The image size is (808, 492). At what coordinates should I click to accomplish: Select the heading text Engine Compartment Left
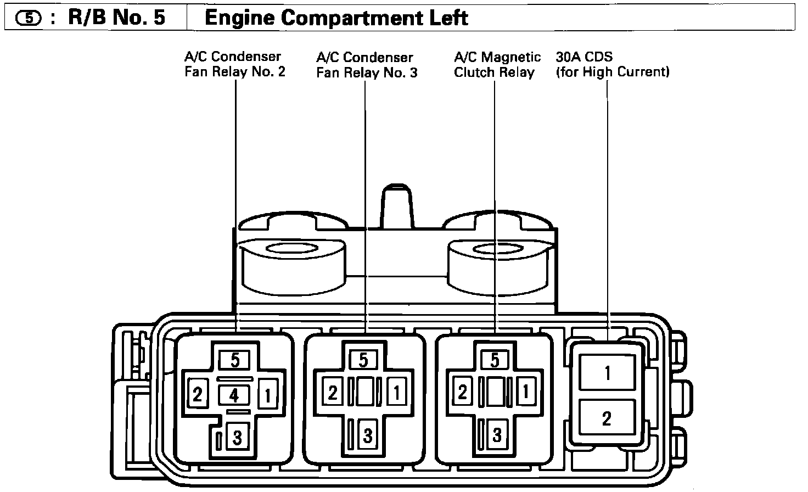(336, 18)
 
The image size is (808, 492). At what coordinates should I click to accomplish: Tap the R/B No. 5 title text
(116, 18)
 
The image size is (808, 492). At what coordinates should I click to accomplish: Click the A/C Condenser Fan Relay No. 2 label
(234, 64)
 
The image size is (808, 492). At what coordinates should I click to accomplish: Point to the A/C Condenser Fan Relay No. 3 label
(366, 65)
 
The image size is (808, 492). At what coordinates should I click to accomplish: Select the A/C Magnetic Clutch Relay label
(497, 65)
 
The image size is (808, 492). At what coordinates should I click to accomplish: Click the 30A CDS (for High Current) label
(612, 64)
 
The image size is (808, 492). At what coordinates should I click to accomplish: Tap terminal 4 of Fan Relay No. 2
(234, 395)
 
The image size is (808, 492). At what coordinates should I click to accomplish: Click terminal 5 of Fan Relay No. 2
(235, 361)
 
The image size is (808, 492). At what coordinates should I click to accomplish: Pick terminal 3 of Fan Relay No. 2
(237, 438)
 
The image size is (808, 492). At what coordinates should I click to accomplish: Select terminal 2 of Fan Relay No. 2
(198, 395)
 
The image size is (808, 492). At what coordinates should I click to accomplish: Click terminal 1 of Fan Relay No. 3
(396, 393)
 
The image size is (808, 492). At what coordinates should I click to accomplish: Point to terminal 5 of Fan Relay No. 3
(363, 360)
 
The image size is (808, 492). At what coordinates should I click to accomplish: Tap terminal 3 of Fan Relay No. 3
(367, 436)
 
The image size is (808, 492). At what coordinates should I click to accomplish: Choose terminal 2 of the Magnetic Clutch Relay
(463, 393)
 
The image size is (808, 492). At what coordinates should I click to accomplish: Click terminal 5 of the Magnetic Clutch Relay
(495, 360)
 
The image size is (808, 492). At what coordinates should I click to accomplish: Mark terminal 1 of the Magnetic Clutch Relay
(526, 393)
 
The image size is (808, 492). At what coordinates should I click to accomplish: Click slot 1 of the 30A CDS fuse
(607, 373)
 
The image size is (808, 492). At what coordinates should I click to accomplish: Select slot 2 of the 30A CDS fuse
(607, 418)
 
